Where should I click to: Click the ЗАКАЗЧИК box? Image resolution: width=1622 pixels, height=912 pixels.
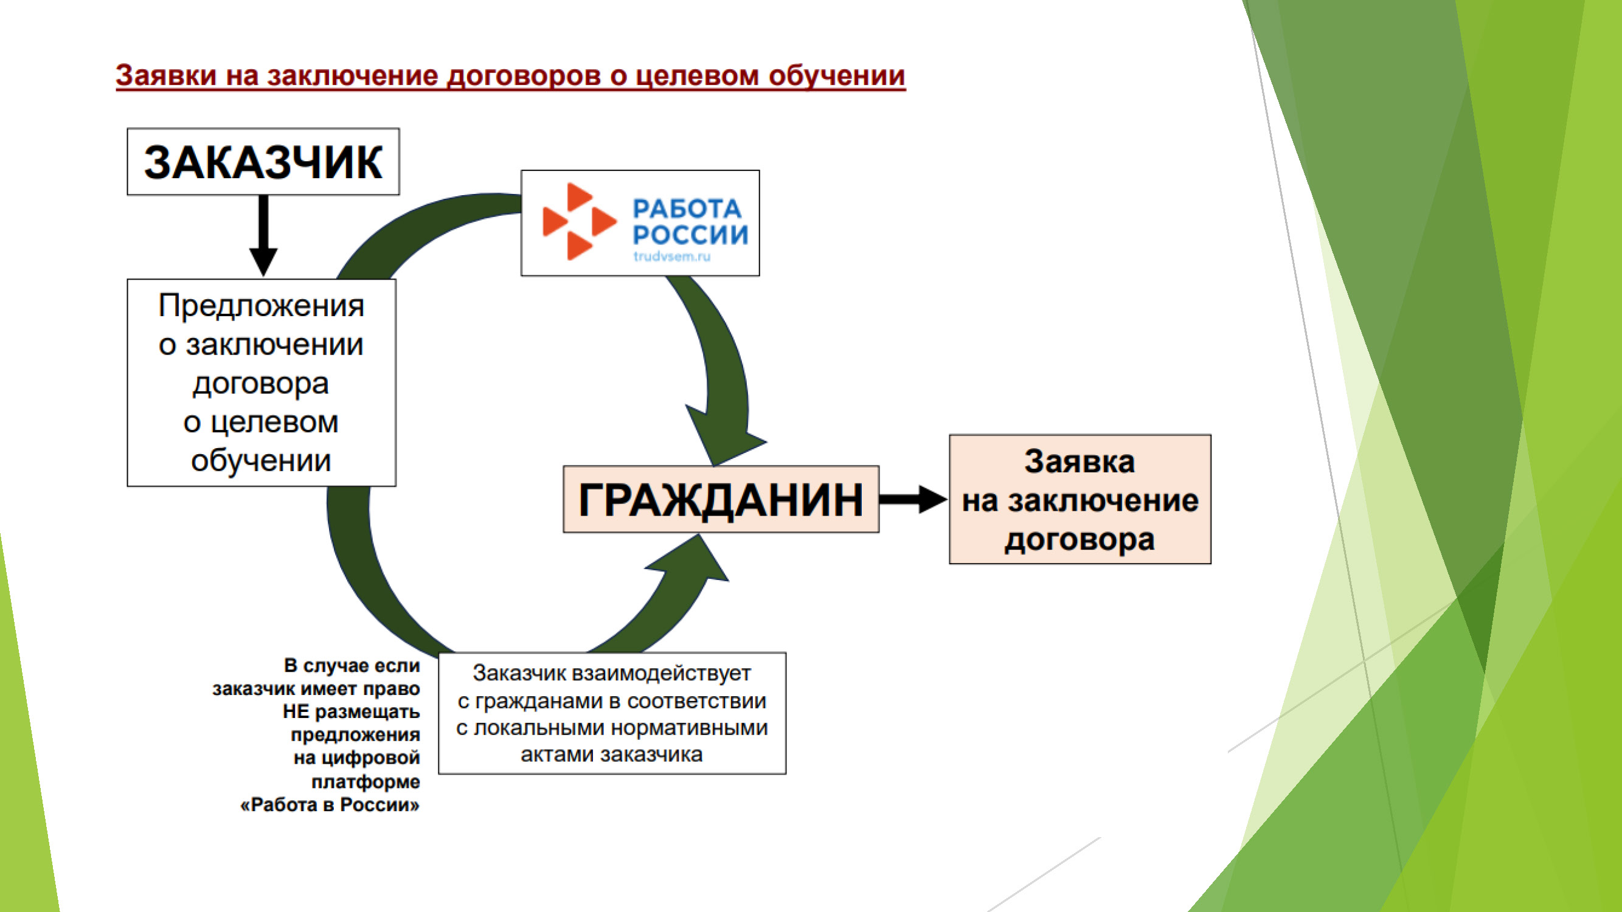pos(263,162)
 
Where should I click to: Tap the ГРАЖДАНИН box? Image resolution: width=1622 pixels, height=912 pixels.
pos(720,500)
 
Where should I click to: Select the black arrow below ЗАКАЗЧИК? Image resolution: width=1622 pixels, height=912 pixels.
pos(263,236)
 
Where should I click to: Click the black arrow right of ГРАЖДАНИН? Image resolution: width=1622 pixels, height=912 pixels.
pos(913,499)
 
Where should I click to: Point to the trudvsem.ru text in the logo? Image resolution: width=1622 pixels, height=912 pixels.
pos(672,256)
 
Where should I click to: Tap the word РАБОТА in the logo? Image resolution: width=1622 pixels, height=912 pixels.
pos(687,209)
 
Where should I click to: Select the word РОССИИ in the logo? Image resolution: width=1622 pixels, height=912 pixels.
pos(691,235)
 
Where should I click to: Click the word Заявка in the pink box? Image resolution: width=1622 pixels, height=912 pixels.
pos(1080,461)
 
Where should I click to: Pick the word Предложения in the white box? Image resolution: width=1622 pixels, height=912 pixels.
pos(262,306)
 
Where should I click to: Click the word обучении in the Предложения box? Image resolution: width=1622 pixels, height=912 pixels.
pos(262,461)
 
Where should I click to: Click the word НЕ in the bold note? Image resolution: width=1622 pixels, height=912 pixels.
pos(296,712)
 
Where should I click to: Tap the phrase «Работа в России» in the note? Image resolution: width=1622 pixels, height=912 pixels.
pos(330,804)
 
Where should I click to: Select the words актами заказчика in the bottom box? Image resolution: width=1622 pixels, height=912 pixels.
pos(611,754)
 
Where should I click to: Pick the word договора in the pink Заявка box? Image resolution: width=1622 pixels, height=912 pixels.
pos(1080,539)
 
